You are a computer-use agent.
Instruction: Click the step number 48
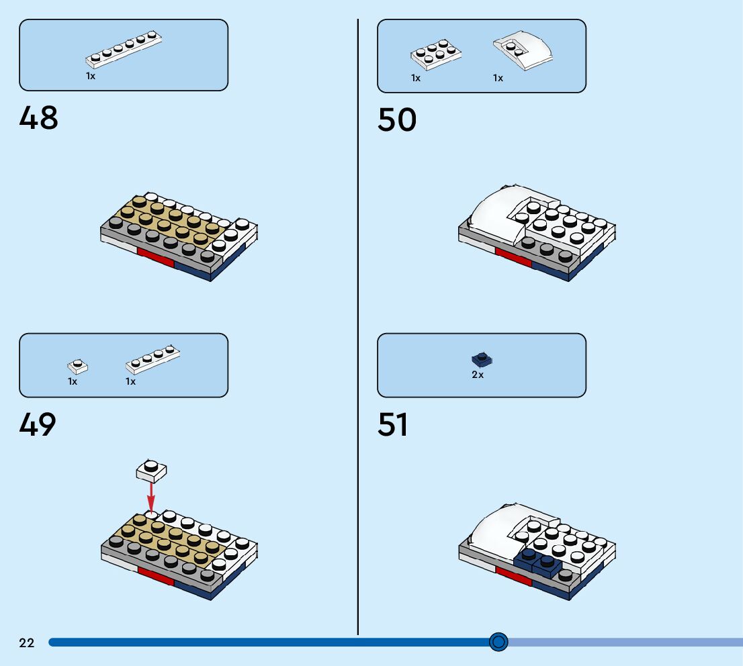(x=39, y=119)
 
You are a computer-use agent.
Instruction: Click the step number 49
(x=38, y=424)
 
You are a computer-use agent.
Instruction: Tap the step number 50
(x=397, y=120)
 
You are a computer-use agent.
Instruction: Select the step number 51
(x=393, y=425)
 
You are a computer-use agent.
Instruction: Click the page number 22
(x=26, y=643)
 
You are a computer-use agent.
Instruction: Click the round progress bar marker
(x=498, y=643)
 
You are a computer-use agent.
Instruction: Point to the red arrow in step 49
(x=151, y=496)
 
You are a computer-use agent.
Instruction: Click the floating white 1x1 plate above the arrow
(x=151, y=469)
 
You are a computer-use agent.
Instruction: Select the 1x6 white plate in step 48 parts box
(x=124, y=50)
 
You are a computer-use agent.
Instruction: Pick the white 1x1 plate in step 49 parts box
(x=77, y=366)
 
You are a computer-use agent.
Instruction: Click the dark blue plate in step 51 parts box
(x=482, y=359)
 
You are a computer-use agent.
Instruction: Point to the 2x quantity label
(x=477, y=375)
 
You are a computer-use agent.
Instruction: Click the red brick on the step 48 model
(x=155, y=257)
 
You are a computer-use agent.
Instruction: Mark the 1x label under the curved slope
(x=498, y=79)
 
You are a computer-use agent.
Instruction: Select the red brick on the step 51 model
(x=512, y=575)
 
